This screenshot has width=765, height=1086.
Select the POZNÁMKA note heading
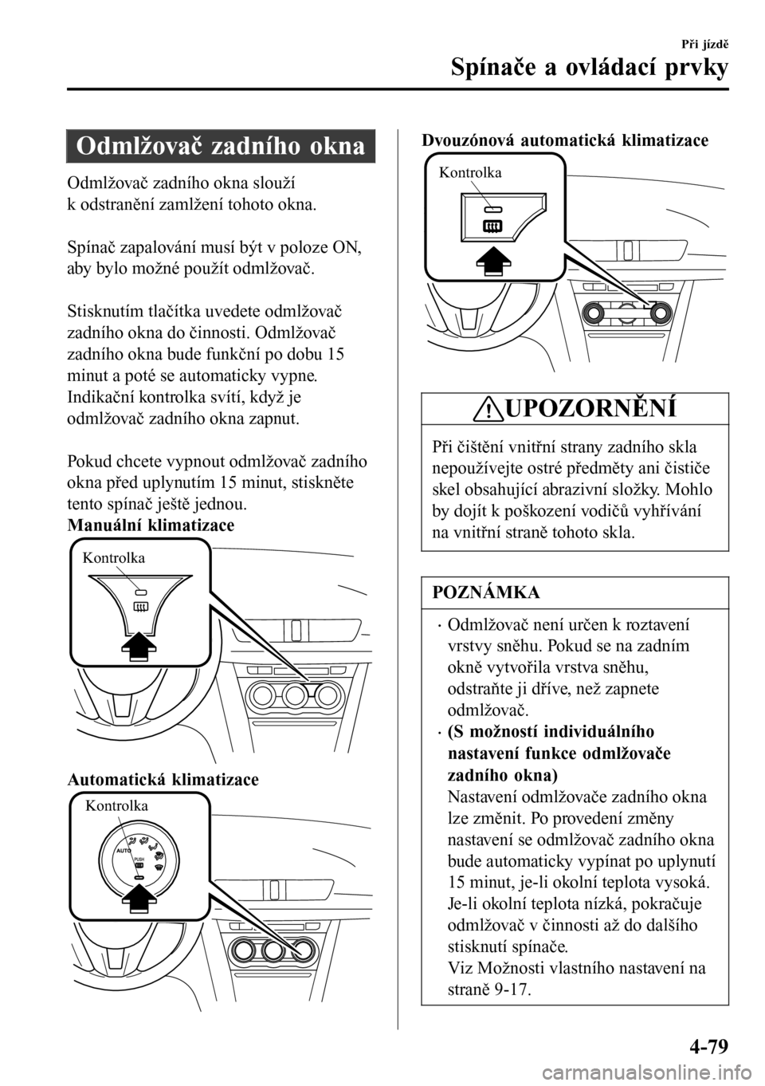coord(486,592)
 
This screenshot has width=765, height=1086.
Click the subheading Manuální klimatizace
coord(151,525)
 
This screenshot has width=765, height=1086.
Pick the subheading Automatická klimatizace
coord(163,779)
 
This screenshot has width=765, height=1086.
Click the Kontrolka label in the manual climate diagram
coord(114,558)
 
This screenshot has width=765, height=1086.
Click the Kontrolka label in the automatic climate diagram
coord(116,805)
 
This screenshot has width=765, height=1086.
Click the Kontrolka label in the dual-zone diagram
coord(470,171)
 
